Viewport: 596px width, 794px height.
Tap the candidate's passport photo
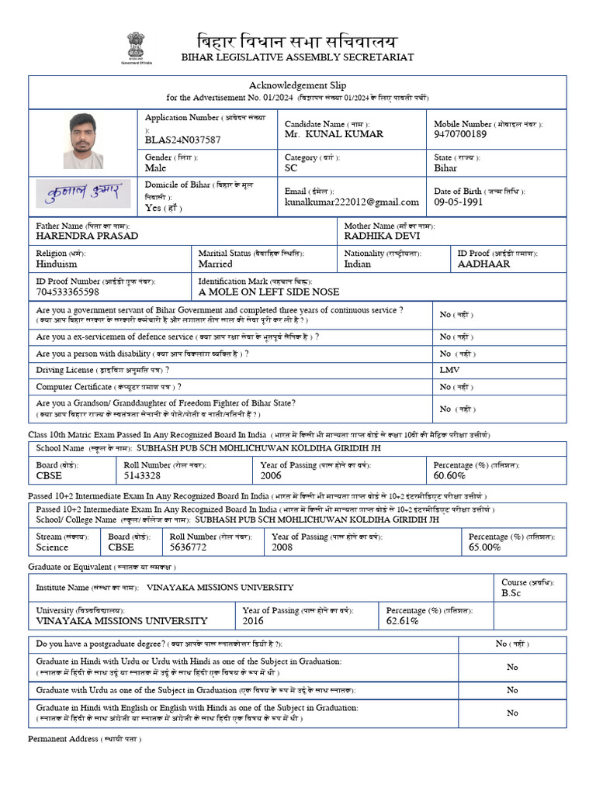click(83, 141)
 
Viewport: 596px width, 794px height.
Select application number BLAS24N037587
click(182, 140)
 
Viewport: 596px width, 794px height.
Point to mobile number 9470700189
click(460, 134)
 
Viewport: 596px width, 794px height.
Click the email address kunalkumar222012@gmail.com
click(352, 202)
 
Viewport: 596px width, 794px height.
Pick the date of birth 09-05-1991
click(458, 202)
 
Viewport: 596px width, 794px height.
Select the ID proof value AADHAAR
click(483, 264)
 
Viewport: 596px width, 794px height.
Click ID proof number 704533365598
click(68, 292)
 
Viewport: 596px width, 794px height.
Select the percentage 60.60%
click(449, 475)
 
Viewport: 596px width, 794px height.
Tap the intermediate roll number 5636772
click(188, 547)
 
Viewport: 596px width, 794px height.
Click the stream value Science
click(52, 547)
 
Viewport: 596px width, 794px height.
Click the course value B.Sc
click(513, 593)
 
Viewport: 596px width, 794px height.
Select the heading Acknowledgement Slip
click(297, 85)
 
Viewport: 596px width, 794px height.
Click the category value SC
click(291, 167)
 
